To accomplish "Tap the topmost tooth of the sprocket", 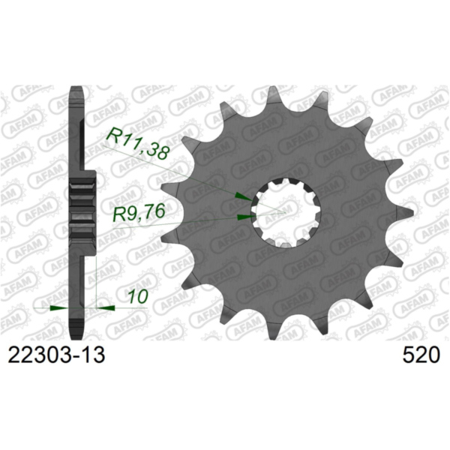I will click(273, 95).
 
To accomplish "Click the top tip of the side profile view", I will click(76, 90).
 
